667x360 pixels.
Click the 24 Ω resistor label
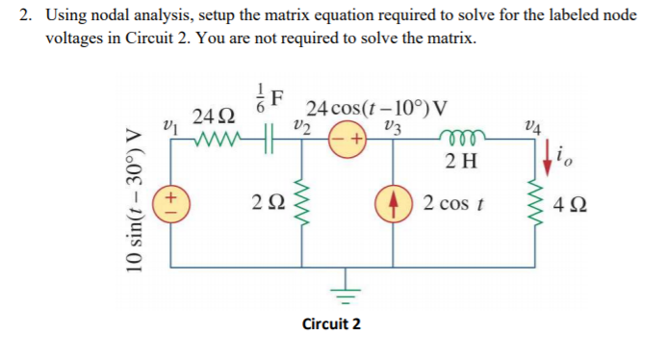(211, 117)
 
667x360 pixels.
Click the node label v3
(389, 124)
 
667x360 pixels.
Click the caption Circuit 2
(331, 323)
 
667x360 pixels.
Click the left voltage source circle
(169, 203)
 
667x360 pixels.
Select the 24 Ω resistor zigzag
(218, 139)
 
